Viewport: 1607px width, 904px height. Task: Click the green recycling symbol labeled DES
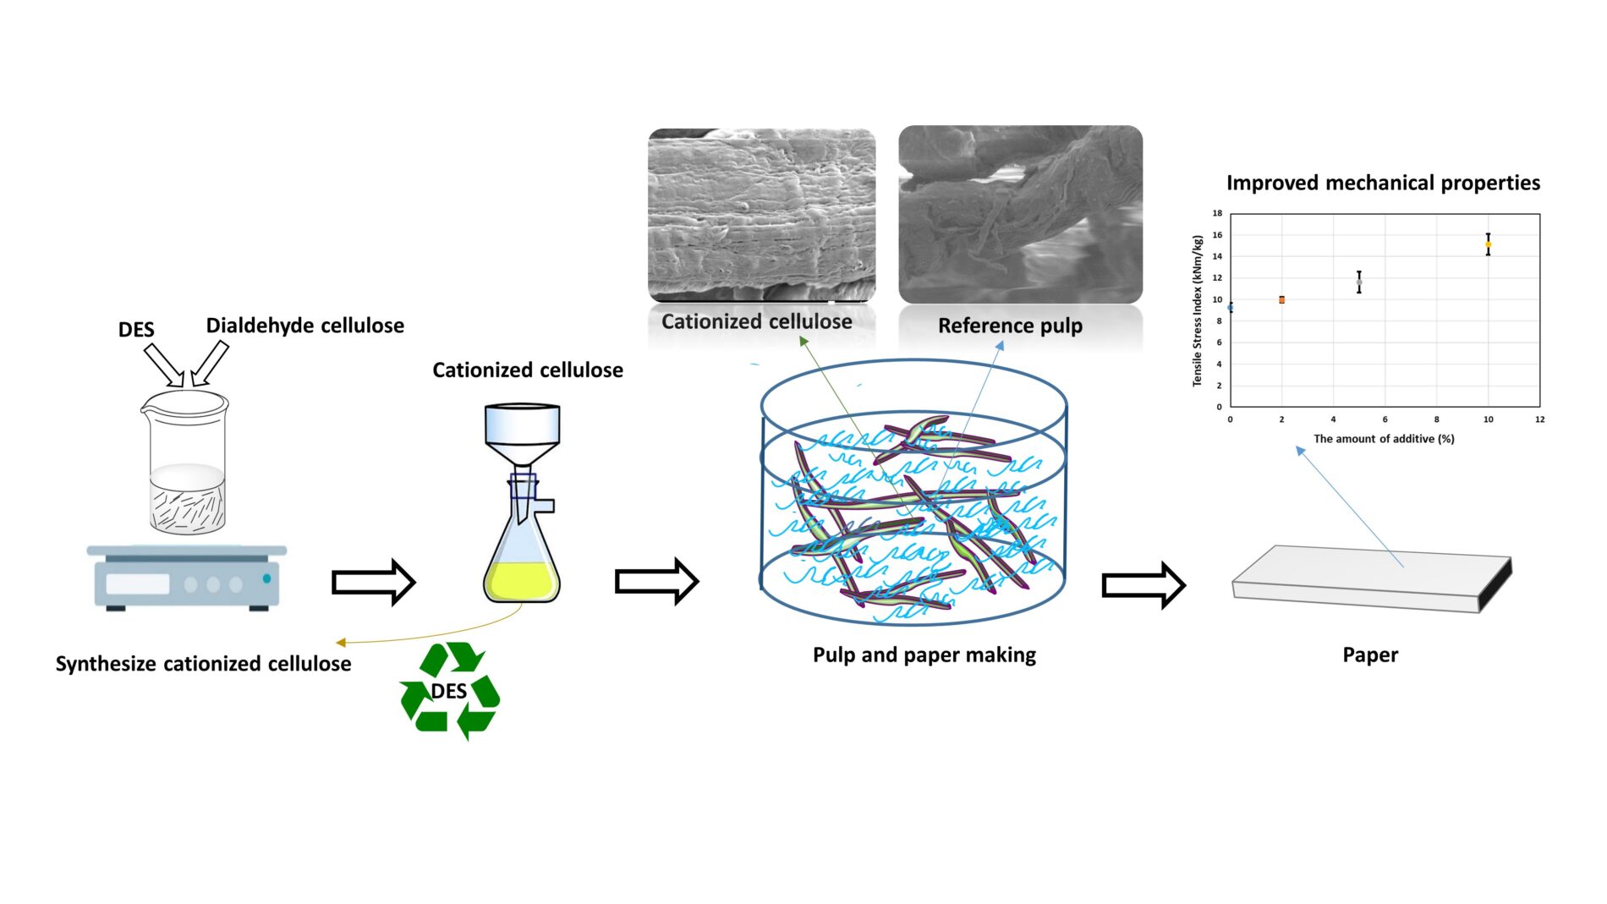click(x=449, y=691)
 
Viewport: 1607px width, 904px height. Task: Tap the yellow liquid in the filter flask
click(x=521, y=582)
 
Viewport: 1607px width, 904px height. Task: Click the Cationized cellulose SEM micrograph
click(x=761, y=215)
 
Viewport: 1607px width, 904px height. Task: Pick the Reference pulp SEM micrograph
click(x=1020, y=215)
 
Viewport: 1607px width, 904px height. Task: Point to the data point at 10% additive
click(x=1488, y=244)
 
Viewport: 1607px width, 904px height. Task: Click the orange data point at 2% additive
click(x=1281, y=299)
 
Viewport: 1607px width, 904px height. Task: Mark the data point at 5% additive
click(x=1359, y=282)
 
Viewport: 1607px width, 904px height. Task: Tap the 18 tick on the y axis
click(x=1217, y=213)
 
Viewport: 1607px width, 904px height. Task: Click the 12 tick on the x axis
click(x=1539, y=419)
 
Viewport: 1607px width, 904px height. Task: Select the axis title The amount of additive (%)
click(x=1384, y=439)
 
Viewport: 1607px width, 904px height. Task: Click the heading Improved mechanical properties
click(x=1383, y=183)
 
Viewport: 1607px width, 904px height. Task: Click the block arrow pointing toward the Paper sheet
click(x=1143, y=584)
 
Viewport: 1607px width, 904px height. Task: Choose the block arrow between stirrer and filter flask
click(x=373, y=582)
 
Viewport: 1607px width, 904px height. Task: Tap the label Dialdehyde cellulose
click(x=304, y=326)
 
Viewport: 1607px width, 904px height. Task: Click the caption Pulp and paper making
click(x=924, y=655)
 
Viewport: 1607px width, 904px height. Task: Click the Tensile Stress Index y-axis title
click(x=1197, y=310)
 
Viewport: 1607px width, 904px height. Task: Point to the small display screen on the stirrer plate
click(x=137, y=583)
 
